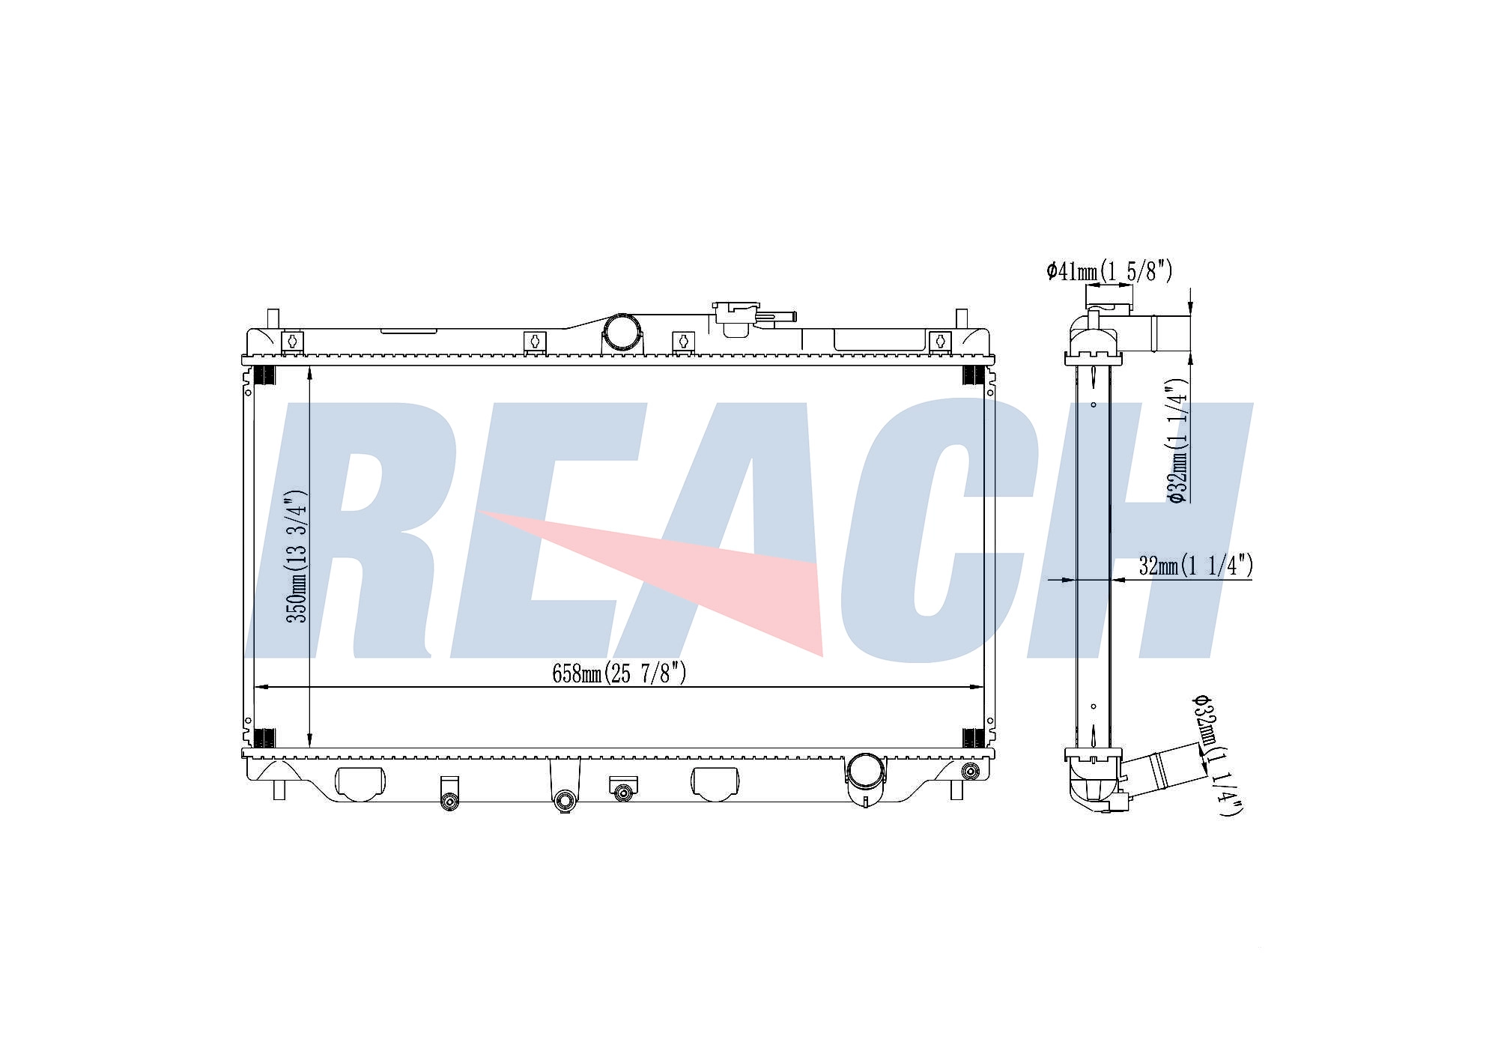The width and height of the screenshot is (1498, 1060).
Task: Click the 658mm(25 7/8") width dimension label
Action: point(619,673)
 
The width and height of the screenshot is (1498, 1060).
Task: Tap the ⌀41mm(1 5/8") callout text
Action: point(1109,271)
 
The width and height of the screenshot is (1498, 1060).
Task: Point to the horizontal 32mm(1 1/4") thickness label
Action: point(1195,566)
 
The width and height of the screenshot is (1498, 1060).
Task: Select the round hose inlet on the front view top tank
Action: point(622,332)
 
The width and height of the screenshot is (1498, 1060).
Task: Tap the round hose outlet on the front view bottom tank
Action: point(866,772)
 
